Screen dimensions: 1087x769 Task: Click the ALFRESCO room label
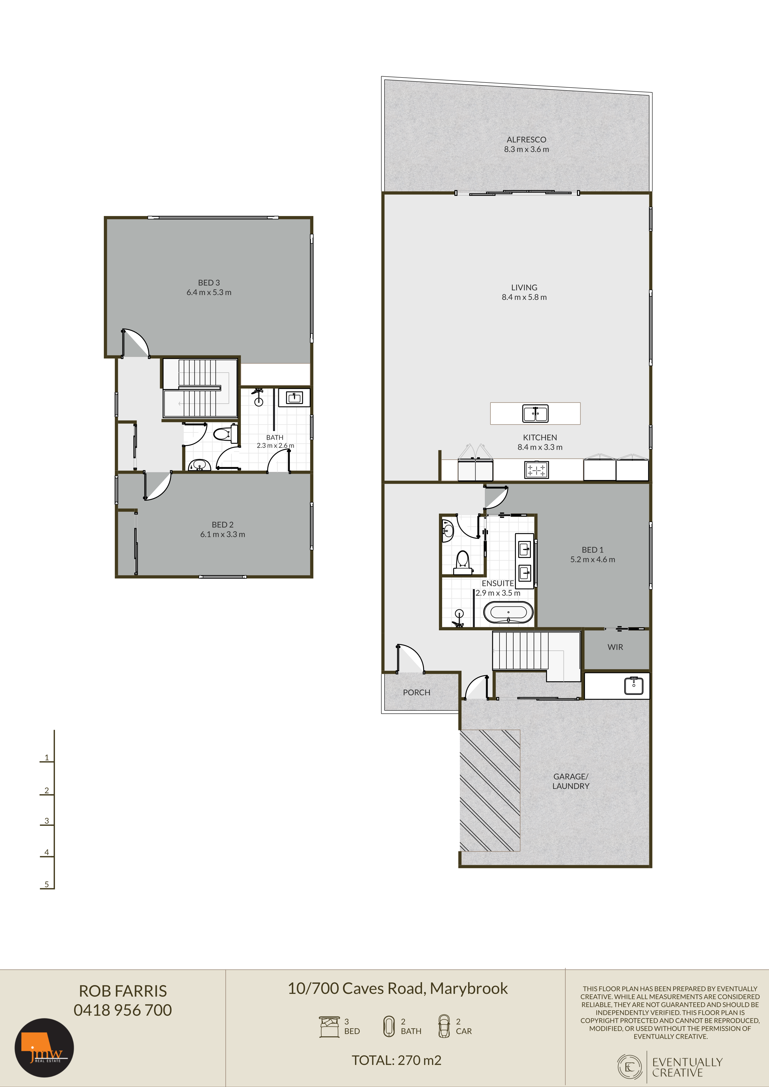click(x=526, y=140)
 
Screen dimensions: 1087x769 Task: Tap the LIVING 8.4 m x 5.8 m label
click(x=524, y=292)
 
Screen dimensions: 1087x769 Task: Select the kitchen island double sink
click(x=535, y=413)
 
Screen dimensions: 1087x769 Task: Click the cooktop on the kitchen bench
click(x=536, y=470)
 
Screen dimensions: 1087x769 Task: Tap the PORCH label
click(x=416, y=692)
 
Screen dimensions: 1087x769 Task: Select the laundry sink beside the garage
click(x=634, y=685)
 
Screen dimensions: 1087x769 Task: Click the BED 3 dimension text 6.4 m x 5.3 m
click(x=209, y=292)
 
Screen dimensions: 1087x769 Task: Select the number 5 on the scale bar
click(x=46, y=884)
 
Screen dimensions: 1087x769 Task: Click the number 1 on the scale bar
click(x=46, y=757)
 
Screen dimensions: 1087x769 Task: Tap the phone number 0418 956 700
click(x=123, y=1010)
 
